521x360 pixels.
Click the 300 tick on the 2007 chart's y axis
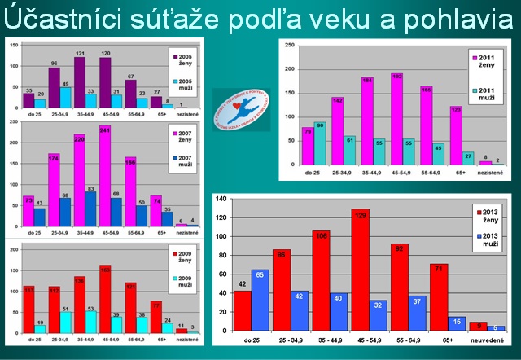click(13, 125)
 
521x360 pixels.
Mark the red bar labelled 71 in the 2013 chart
click(438, 301)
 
